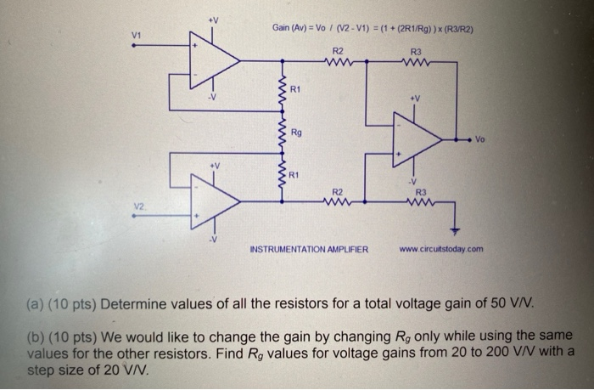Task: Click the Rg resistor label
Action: point(295,133)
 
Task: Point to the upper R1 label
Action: point(294,88)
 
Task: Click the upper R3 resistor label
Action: point(416,50)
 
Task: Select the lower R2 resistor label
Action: point(337,192)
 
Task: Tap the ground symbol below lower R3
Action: point(454,229)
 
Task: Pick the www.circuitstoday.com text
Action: point(440,249)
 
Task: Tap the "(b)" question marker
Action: point(37,335)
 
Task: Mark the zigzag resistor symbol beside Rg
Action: point(279,133)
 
